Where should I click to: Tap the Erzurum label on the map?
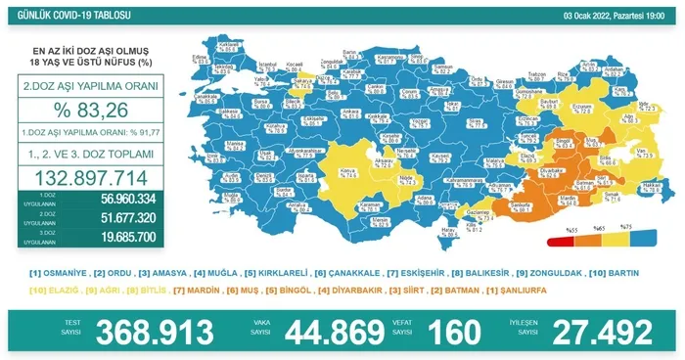pos(583,105)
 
